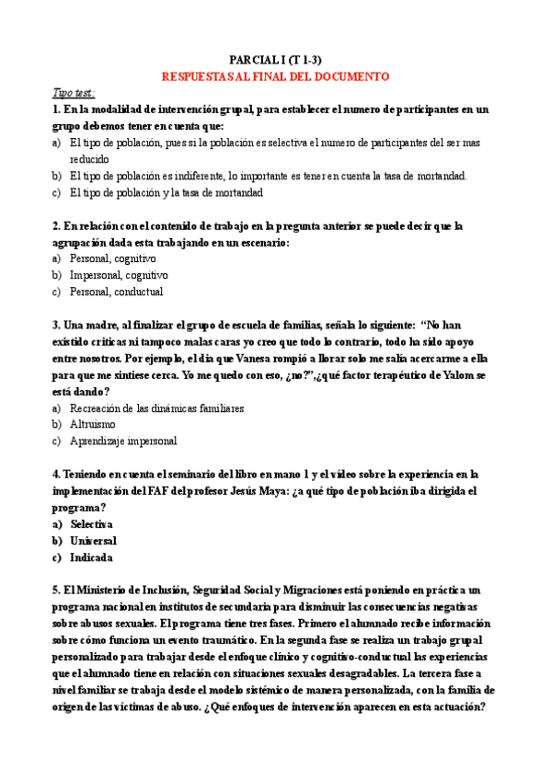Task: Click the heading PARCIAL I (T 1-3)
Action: (275, 58)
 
